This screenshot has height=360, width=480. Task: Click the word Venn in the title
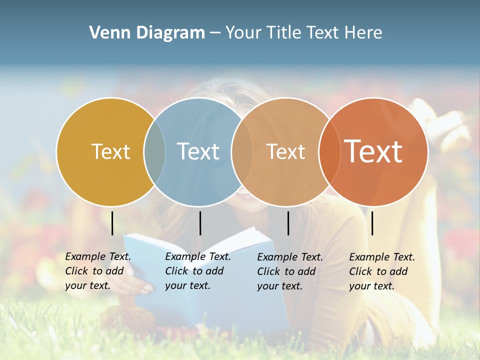pyautogui.click(x=106, y=33)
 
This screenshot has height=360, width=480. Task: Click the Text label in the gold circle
pyautogui.click(x=110, y=151)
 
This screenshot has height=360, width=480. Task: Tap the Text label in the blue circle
pyautogui.click(x=198, y=151)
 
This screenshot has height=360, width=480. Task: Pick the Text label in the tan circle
pyautogui.click(x=285, y=151)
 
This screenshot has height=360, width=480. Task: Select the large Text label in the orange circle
pyautogui.click(x=373, y=151)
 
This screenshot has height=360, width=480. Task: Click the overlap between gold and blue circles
pyautogui.click(x=154, y=152)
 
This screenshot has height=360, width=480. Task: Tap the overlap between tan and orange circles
pyautogui.click(x=328, y=152)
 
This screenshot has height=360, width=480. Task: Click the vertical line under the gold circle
pyautogui.click(x=112, y=223)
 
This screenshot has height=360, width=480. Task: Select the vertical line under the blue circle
pyautogui.click(x=200, y=223)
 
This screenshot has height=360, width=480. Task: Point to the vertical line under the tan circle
pyautogui.click(x=288, y=223)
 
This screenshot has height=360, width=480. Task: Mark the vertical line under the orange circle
pyautogui.click(x=372, y=223)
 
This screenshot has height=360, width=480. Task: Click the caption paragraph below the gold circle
pyautogui.click(x=97, y=271)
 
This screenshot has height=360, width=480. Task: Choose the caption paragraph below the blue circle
pyautogui.click(x=197, y=271)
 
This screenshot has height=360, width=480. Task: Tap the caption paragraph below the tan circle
pyautogui.click(x=289, y=271)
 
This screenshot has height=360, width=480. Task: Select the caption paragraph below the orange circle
pyautogui.click(x=381, y=271)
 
